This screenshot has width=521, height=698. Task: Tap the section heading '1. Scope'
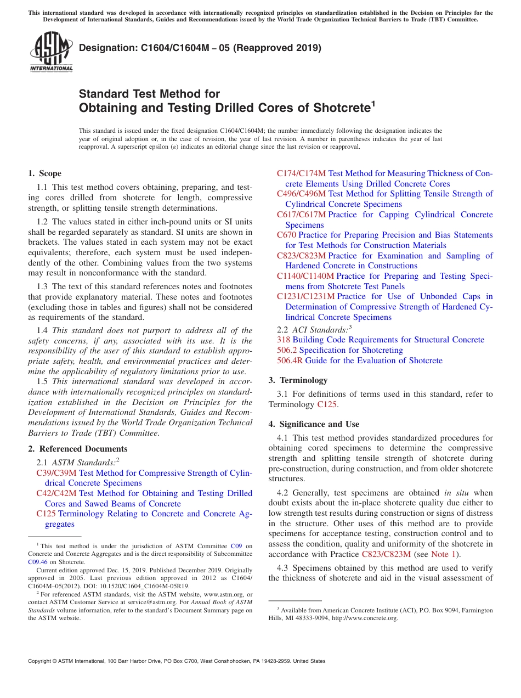click(45, 173)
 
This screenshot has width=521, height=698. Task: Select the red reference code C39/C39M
click(57, 473)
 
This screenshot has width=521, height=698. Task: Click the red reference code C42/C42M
click(57, 493)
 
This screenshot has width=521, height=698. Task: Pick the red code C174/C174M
click(301, 173)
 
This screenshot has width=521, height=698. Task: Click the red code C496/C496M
click(301, 194)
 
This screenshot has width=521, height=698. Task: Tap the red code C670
click(286, 235)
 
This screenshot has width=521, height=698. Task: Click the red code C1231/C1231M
click(305, 296)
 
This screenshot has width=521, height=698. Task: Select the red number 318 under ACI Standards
click(284, 340)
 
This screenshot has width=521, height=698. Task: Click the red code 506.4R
click(290, 361)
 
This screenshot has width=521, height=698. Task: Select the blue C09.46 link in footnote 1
click(37, 562)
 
